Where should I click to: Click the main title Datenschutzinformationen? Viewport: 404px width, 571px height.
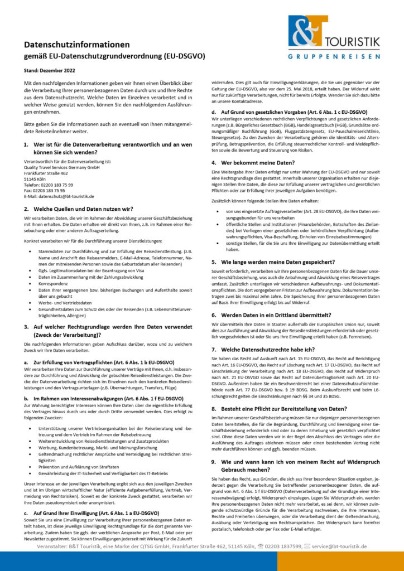[x=76, y=45]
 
